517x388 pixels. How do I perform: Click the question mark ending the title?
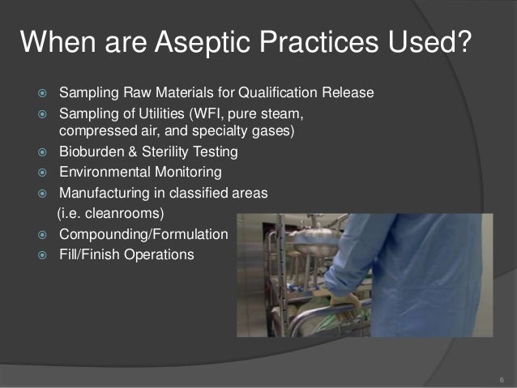[x=462, y=43]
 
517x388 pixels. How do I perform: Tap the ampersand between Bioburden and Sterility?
[x=132, y=151]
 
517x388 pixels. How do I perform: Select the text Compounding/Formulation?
[x=143, y=235]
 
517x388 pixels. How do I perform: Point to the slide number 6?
[x=502, y=379]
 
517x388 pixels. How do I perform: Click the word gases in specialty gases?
[x=271, y=130]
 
